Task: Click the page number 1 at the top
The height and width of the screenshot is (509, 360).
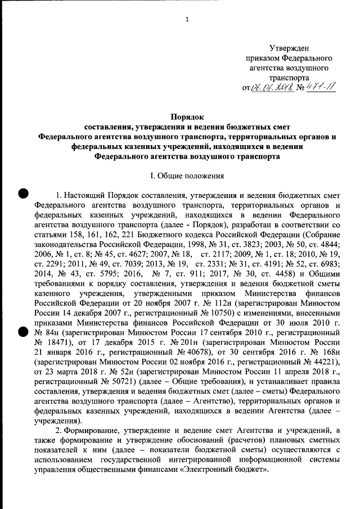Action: pos(187,20)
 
